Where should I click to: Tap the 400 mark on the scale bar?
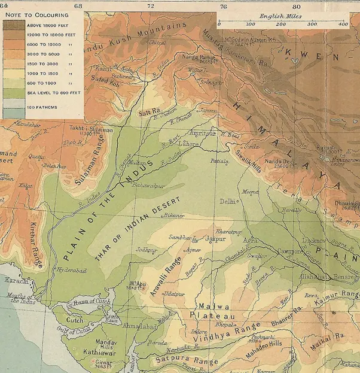(343, 24)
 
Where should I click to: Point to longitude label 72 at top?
(151, 6)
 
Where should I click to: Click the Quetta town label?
(36, 157)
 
